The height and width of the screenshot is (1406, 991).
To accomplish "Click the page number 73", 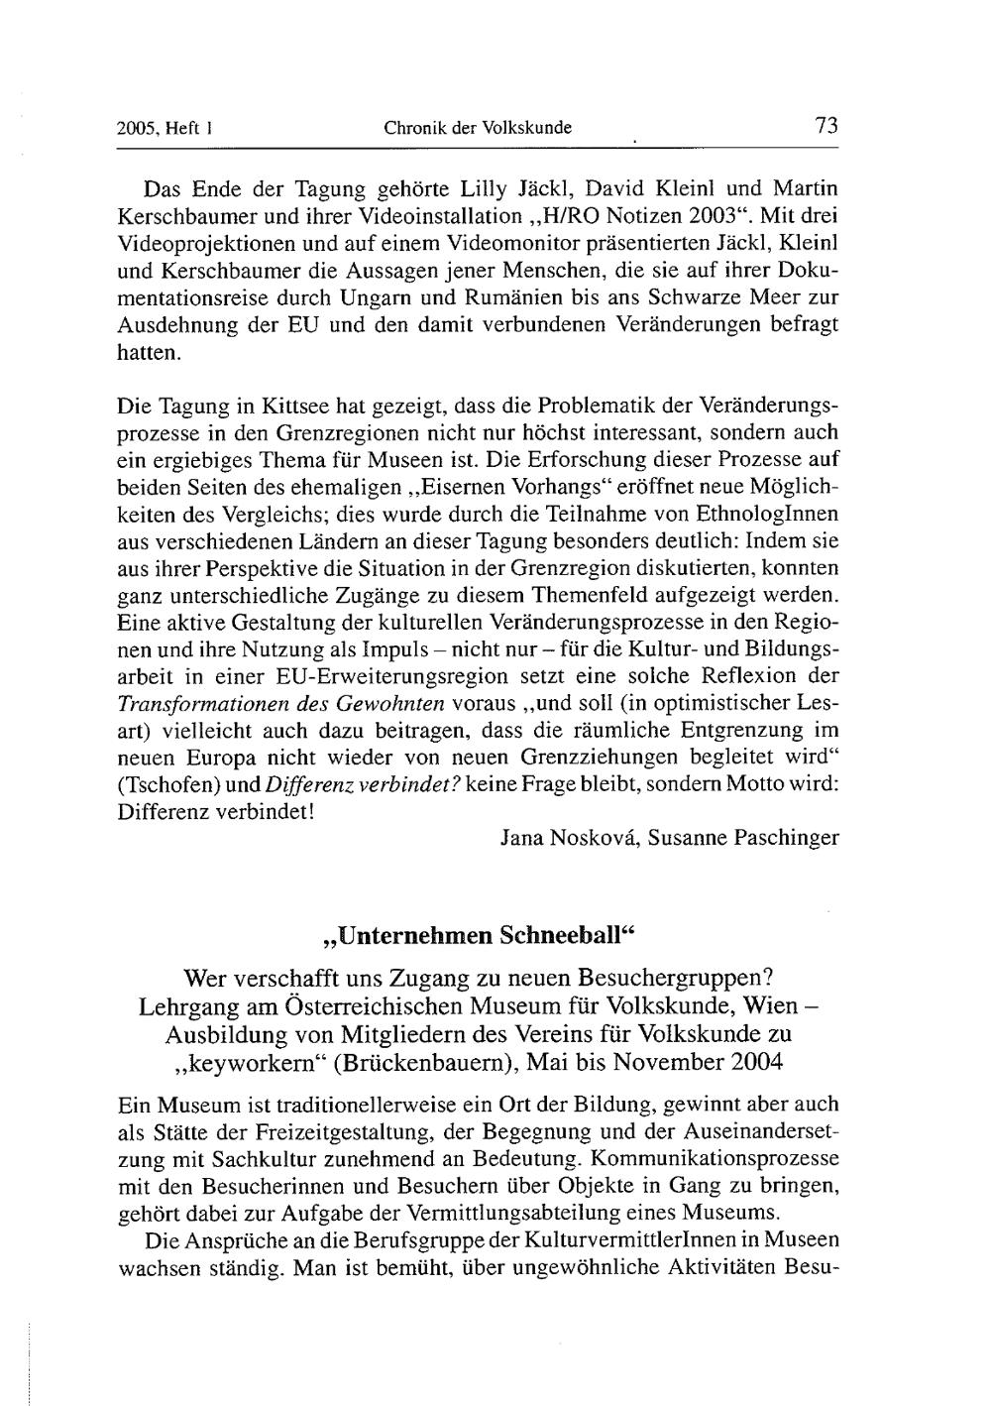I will point(826,126).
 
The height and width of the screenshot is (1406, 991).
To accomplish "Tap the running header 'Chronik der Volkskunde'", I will point(478,128).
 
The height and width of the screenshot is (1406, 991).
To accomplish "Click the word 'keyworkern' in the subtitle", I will point(248,1061).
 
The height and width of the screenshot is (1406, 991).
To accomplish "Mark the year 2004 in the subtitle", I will point(749,1061).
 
